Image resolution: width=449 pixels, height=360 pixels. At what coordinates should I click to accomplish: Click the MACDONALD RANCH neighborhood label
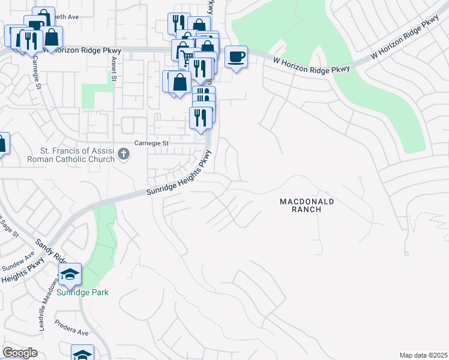[x=306, y=205]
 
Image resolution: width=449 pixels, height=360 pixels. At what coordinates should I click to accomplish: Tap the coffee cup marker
[x=236, y=57]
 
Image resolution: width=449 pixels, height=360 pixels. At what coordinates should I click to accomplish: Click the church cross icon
[x=124, y=154]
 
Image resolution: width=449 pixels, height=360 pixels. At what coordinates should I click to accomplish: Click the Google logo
[x=20, y=353]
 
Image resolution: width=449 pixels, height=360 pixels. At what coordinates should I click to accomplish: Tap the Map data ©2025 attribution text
[x=423, y=355]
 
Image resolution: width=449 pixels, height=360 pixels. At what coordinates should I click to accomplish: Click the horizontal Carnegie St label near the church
[x=151, y=144]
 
